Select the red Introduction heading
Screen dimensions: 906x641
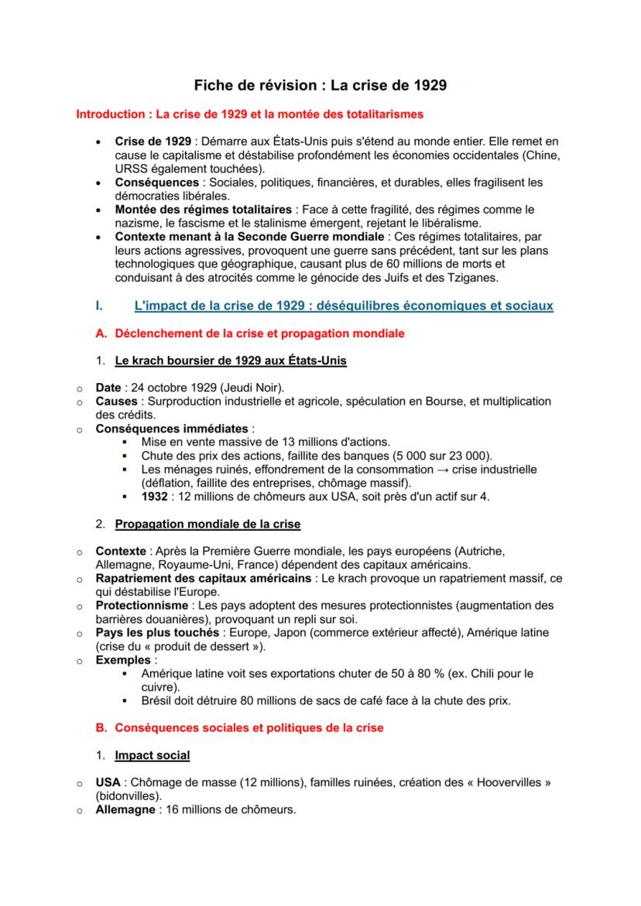(249, 115)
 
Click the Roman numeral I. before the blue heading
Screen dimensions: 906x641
(98, 306)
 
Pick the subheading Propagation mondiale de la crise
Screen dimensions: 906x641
(207, 524)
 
